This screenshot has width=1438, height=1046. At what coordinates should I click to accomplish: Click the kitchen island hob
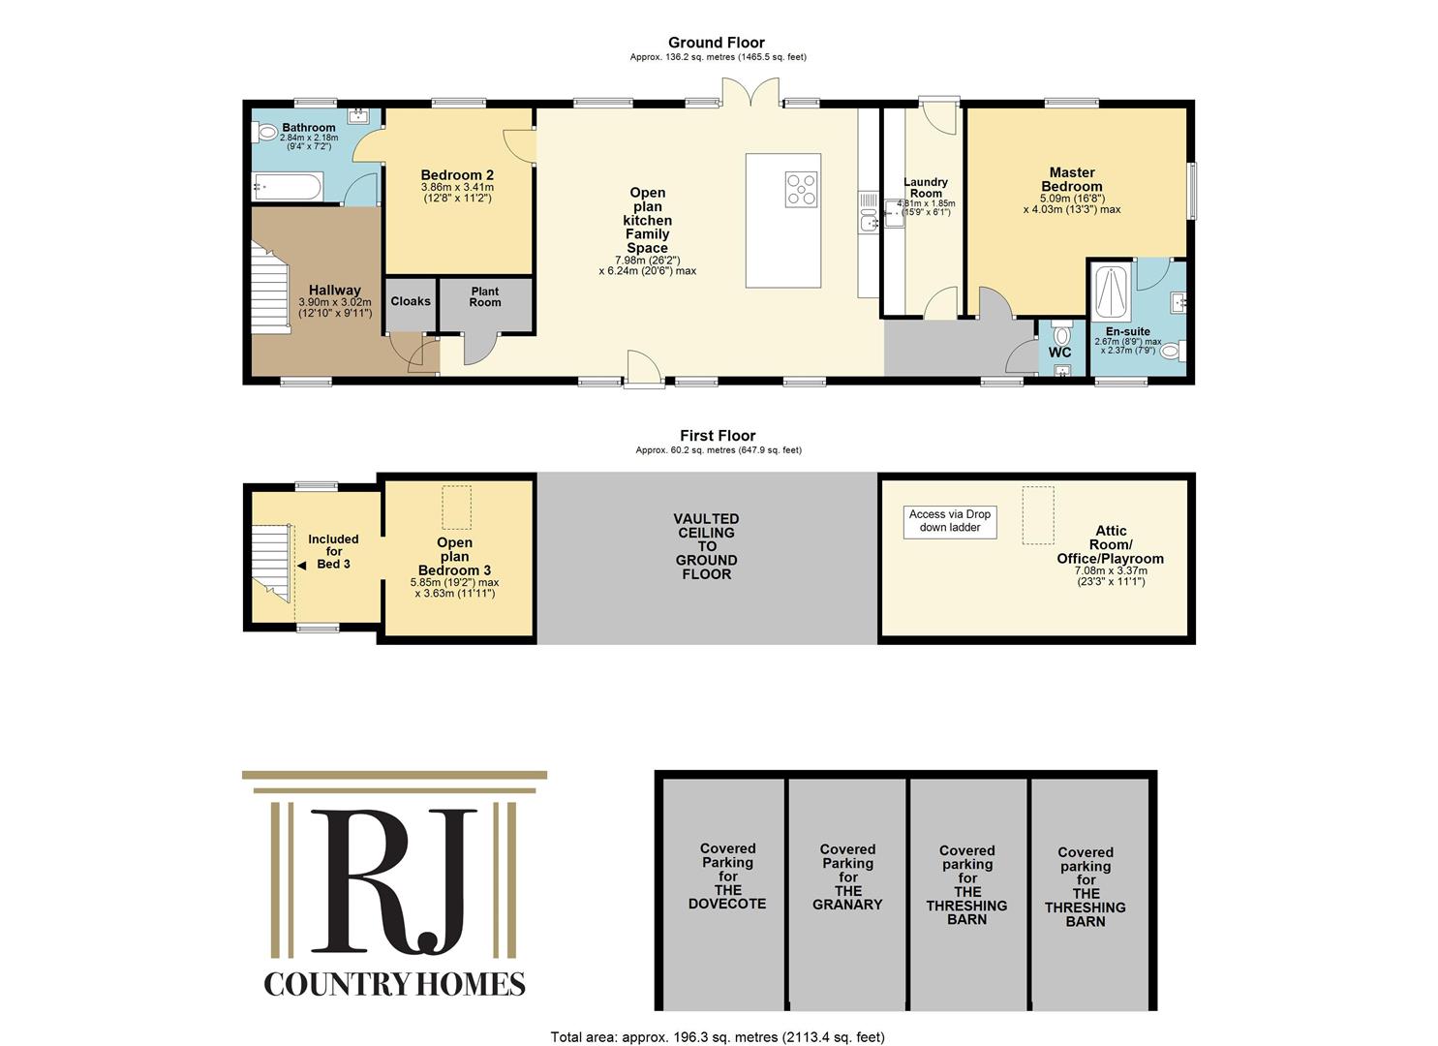pos(801,189)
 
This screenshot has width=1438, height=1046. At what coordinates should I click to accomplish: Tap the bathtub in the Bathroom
pos(287,187)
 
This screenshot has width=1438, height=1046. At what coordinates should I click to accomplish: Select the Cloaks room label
pos(411,301)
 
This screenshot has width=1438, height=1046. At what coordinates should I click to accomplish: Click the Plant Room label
pos(485,296)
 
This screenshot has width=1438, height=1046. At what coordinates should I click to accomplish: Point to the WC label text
pos(1059,353)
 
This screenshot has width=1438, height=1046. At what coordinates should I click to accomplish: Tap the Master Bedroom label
pos(1072,179)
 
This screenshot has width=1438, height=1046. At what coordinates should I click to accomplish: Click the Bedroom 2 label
pos(457,175)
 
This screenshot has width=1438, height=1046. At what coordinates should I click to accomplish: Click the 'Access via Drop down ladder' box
pos(950,521)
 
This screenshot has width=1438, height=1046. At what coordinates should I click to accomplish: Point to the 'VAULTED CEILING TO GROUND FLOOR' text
pos(706,546)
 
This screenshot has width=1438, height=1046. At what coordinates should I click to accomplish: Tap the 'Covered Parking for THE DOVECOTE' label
pos(727,876)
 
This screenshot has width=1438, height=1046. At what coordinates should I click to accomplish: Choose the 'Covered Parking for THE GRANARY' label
pos(847,877)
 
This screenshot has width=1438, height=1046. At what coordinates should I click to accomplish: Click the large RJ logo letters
pos(393,882)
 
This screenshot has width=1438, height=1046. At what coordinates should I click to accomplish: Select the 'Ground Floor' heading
pos(717,43)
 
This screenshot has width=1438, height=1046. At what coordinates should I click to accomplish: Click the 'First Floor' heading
pos(718,436)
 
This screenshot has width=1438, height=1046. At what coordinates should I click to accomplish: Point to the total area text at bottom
pos(718,1037)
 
